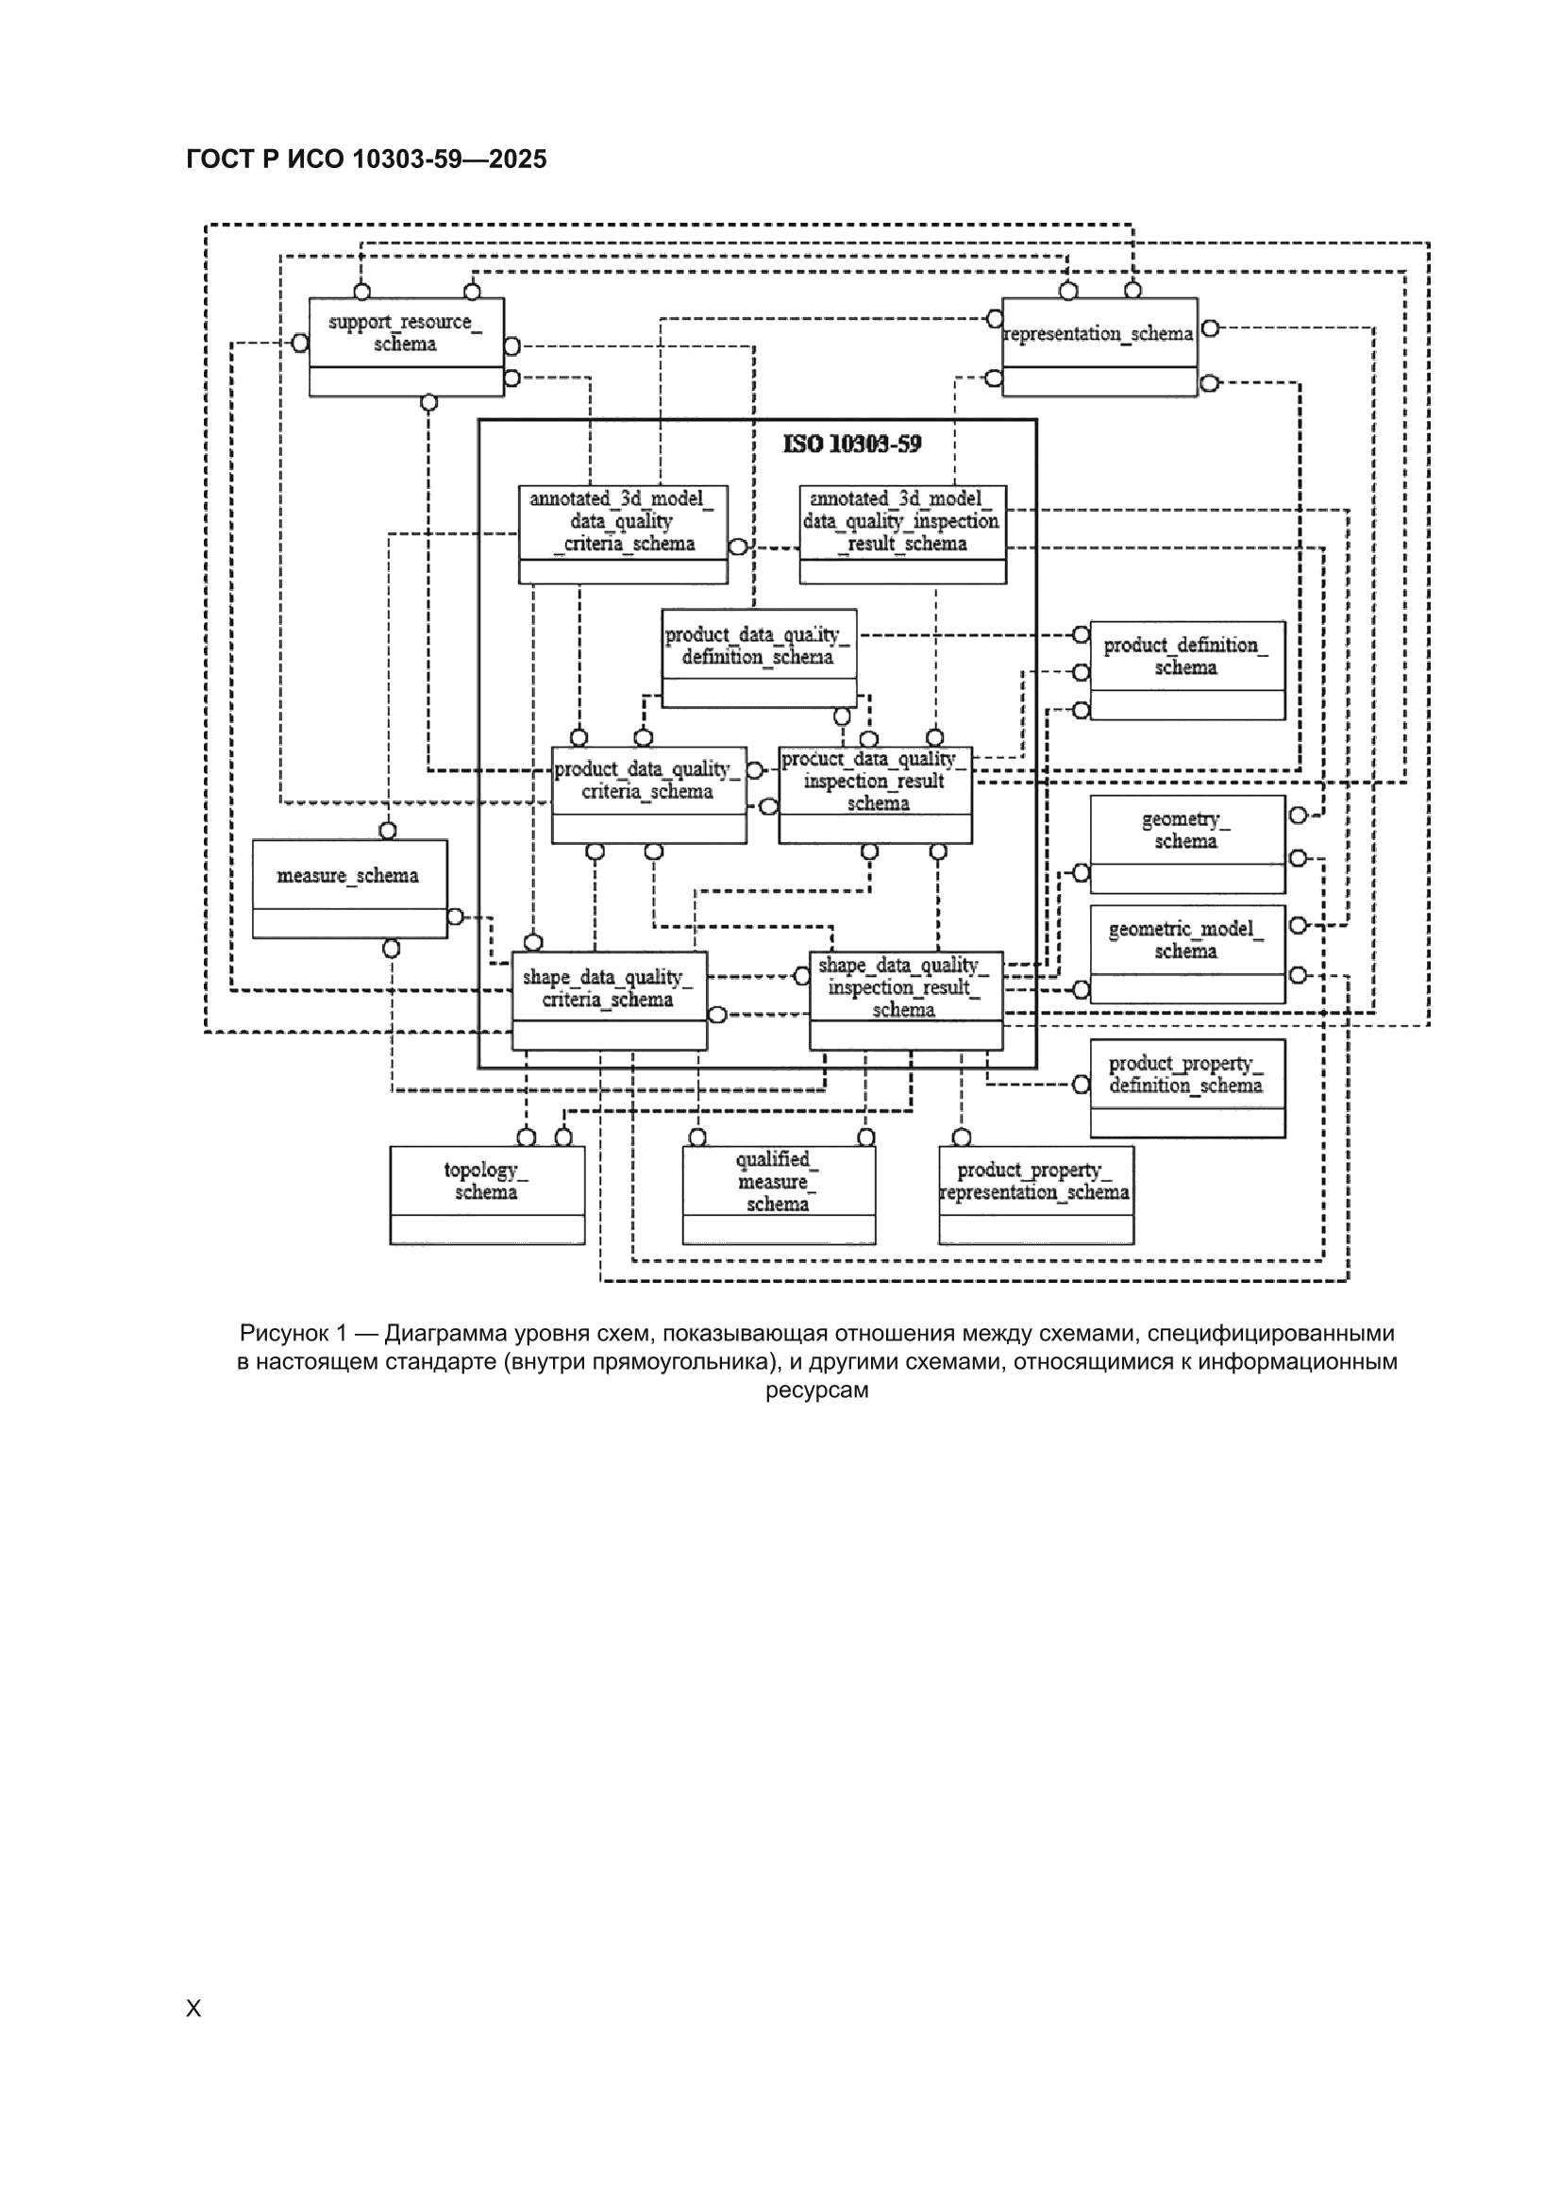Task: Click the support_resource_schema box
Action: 406,347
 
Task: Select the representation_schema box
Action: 1099,347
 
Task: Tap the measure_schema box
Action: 350,889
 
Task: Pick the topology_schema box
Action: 487,1195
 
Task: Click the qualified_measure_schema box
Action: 780,1195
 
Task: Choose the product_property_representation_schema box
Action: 1036,1195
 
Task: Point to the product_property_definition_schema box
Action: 1188,1088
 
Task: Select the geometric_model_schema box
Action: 1188,954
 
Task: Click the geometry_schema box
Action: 1188,845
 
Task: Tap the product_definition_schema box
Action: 1188,670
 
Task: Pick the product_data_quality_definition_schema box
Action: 760,659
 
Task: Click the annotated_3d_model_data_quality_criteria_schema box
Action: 623,534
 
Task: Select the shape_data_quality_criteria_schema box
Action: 610,1001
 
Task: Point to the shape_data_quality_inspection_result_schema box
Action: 906,1001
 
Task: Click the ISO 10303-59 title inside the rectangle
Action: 852,444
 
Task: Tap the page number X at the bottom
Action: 193,2008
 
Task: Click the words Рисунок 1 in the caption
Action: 294,1333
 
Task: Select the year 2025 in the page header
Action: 517,160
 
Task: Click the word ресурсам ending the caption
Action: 817,1390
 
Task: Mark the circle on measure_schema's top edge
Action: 387,831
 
